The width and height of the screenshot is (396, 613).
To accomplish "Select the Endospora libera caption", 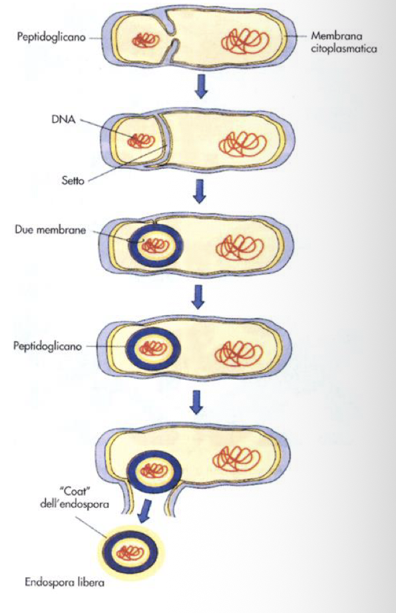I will pyautogui.click(x=63, y=585).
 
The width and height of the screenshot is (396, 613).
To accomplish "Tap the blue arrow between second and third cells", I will pyautogui.click(x=198, y=191).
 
